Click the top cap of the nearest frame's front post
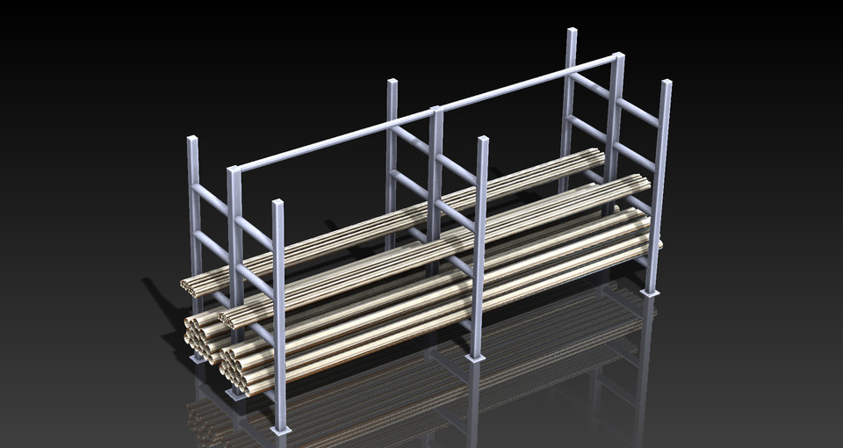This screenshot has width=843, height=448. (278, 204)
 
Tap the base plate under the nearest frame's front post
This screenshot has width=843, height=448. (280, 430)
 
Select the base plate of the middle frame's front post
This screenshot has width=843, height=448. (475, 358)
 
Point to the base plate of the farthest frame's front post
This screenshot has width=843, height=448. (650, 293)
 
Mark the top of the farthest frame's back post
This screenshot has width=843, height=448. (572, 32)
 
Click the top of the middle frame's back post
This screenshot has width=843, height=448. (393, 83)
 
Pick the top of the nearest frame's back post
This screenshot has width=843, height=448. (192, 140)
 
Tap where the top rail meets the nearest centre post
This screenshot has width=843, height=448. (235, 170)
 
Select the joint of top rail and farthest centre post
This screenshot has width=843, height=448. (617, 58)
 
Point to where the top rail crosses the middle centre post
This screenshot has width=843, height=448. (436, 112)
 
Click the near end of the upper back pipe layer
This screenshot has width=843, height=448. (187, 285)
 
